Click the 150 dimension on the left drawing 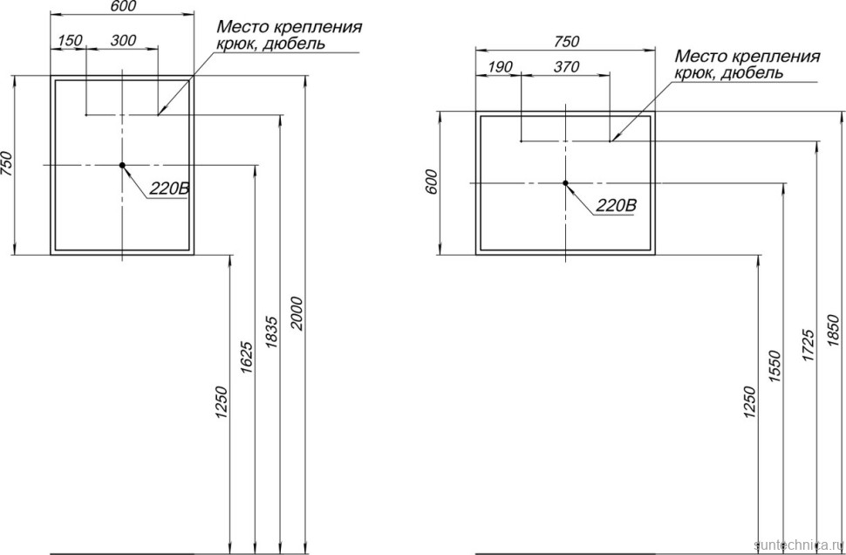[x=70, y=40]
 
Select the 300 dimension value [x=124, y=40]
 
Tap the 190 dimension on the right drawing [x=500, y=67]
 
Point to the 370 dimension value [x=567, y=67]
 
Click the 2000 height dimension [x=298, y=313]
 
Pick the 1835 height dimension [x=272, y=332]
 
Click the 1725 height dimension [x=808, y=345]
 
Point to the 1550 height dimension [x=774, y=367]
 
